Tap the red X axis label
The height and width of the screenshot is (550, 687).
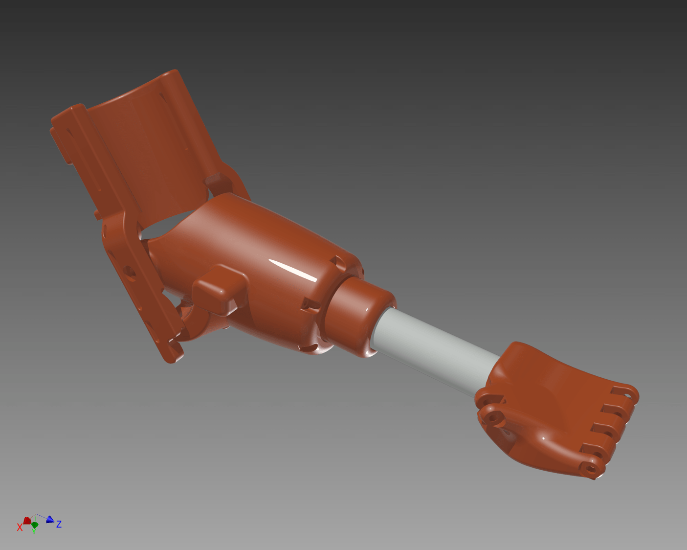point(20,527)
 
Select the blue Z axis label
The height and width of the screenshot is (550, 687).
point(59,524)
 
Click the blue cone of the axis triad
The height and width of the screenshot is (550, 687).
point(50,519)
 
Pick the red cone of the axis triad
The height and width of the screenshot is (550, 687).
point(27,520)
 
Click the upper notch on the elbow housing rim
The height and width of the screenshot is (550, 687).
point(337,264)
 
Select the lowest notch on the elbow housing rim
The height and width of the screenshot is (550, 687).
point(308,349)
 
